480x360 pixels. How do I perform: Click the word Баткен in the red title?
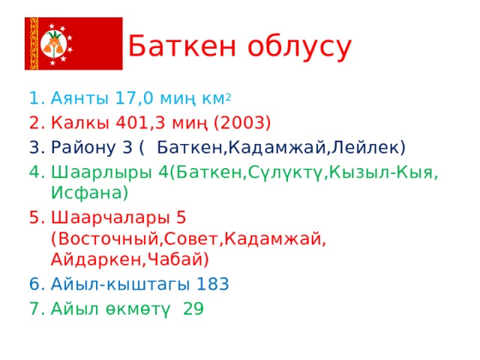coord(182,46)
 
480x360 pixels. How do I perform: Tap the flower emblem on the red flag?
coord(54,43)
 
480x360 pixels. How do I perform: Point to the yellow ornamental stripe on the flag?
coord(34,43)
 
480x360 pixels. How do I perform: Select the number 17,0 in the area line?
coord(134,98)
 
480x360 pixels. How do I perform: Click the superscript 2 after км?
coord(228,97)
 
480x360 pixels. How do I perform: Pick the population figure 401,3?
coord(140,123)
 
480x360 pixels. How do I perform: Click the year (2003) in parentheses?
coord(242,123)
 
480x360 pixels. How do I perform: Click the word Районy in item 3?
coord(83,148)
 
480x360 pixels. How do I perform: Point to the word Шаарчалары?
coord(110,218)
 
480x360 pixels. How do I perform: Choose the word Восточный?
coord(109,239)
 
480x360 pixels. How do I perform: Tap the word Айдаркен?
coord(96,259)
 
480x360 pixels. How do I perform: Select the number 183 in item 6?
coord(212,284)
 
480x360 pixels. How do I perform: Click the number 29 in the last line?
coord(193,308)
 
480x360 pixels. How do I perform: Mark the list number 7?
coord(37,308)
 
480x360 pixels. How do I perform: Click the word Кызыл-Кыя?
coord(381,172)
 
